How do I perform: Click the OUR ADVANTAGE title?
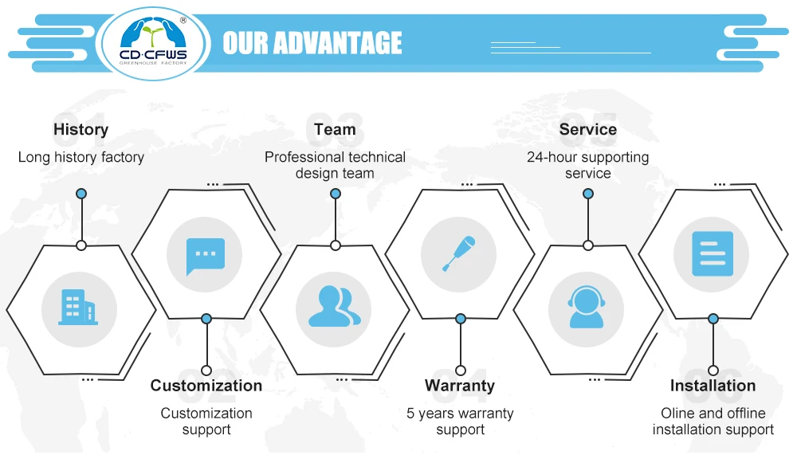(x=312, y=42)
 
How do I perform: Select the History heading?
(x=80, y=129)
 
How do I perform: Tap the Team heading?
(x=335, y=129)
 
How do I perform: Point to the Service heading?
(x=587, y=129)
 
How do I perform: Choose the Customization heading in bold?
(x=206, y=386)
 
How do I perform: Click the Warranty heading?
(x=460, y=386)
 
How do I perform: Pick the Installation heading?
(x=713, y=386)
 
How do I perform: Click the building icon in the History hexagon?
(x=78, y=307)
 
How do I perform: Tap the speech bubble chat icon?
(x=206, y=255)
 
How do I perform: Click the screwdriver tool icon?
(x=459, y=254)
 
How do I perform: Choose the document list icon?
(x=712, y=254)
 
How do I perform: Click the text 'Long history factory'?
(x=80, y=157)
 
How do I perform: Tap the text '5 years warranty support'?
(x=460, y=422)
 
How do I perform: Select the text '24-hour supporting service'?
(x=587, y=165)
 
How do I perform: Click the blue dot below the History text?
(x=80, y=194)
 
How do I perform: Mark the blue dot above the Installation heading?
(x=713, y=319)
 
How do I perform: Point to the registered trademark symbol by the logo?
(x=183, y=20)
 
